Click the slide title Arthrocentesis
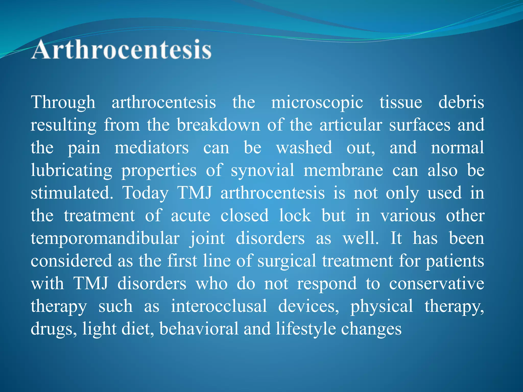tap(121, 50)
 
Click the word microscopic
tap(317, 103)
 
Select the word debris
tap(461, 103)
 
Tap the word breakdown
tap(218, 125)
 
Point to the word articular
tap(351, 125)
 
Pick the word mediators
tap(152, 148)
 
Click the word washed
tap(304, 148)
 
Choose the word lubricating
tap(72, 170)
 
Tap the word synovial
tap(262, 170)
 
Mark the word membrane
tap(343, 170)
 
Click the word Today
tap(145, 193)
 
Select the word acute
tap(191, 216)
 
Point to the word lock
tap(295, 216)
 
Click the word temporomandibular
tap(105, 238)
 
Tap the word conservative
tap(436, 284)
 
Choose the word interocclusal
tap(219, 306)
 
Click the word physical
tap(382, 306)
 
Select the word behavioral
tap(199, 329)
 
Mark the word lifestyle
tap(306, 329)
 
